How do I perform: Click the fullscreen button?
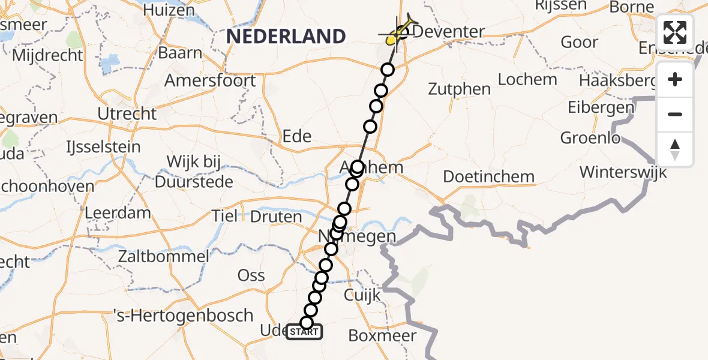[675, 32]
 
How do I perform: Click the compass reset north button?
[675, 148]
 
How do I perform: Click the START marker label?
[304, 332]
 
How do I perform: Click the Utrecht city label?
[128, 113]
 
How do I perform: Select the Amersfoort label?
[210, 80]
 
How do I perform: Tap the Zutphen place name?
[460, 89]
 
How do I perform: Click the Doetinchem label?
[488, 176]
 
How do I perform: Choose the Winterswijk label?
[623, 172]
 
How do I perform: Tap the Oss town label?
[251, 275]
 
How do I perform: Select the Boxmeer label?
[382, 335]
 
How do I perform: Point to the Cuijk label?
[362, 295]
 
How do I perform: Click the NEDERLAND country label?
[286, 37]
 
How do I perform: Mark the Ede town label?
[297, 136]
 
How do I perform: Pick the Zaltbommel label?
[164, 256]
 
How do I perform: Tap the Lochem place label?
[527, 79]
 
